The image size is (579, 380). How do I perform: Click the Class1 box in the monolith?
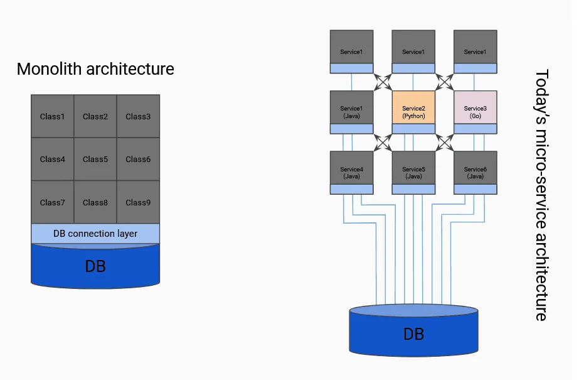(53, 116)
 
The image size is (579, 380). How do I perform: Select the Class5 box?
(95, 159)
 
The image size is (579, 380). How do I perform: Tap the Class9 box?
(138, 202)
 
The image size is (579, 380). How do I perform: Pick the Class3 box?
(138, 116)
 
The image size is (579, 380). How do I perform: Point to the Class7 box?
(53, 202)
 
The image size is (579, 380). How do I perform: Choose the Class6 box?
(138, 159)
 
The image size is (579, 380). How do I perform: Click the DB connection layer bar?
(95, 234)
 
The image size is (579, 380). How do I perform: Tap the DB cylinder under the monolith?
(95, 266)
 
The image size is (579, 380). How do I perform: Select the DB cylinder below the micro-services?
(413, 334)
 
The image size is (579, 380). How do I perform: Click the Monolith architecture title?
(95, 68)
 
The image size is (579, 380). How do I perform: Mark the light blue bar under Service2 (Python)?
(413, 129)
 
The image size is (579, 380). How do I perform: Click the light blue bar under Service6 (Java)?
(475, 189)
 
